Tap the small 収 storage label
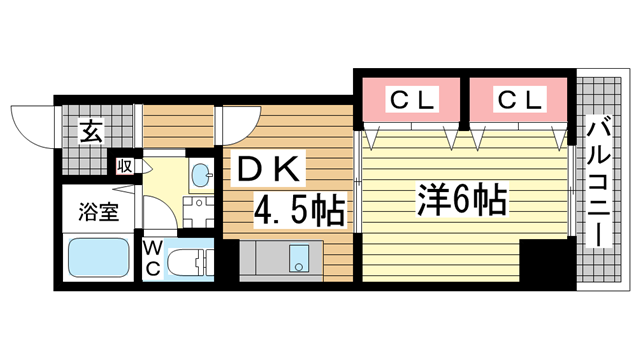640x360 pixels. (126, 167)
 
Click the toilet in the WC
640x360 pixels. (190, 262)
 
